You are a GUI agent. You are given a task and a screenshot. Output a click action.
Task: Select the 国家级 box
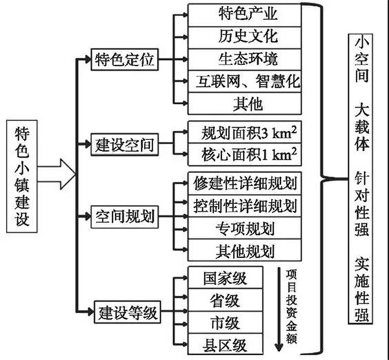click(226, 278)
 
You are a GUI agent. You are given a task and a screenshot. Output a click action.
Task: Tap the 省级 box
click(226, 300)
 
